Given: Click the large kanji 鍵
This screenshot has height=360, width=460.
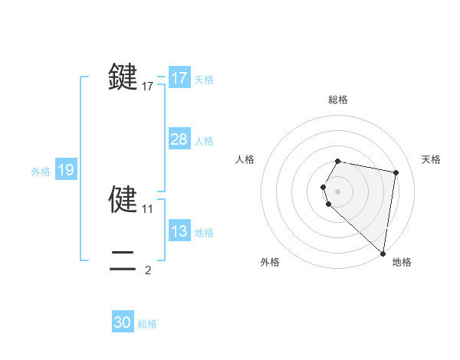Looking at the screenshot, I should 123,77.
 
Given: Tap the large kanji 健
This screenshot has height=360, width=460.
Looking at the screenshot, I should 123,199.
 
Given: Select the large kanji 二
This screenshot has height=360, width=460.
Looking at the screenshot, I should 123,261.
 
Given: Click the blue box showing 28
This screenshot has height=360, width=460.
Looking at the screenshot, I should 179,139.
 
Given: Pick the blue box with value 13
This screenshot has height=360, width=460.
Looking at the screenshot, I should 179,231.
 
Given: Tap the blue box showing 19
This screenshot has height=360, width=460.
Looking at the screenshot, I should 65,170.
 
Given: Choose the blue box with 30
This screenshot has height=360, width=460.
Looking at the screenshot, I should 123,322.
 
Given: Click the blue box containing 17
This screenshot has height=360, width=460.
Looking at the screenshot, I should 179,78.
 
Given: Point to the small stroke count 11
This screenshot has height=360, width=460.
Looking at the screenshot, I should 148,208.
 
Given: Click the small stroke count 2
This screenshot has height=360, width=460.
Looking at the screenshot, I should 148,270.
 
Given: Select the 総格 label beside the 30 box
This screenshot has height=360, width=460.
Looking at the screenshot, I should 147,324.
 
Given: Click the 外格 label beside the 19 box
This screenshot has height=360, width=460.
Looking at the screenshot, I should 41,172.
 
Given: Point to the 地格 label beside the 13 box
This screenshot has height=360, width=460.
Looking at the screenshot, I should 204,233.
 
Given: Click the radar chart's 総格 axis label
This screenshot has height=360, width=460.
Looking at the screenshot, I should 338,100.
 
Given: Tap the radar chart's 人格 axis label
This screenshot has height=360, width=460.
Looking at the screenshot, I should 245,159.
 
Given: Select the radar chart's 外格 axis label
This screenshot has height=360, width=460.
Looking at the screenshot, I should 269,262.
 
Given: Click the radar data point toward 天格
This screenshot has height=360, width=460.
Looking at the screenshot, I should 396,173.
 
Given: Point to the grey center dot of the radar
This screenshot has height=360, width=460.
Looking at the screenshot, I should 337,191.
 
